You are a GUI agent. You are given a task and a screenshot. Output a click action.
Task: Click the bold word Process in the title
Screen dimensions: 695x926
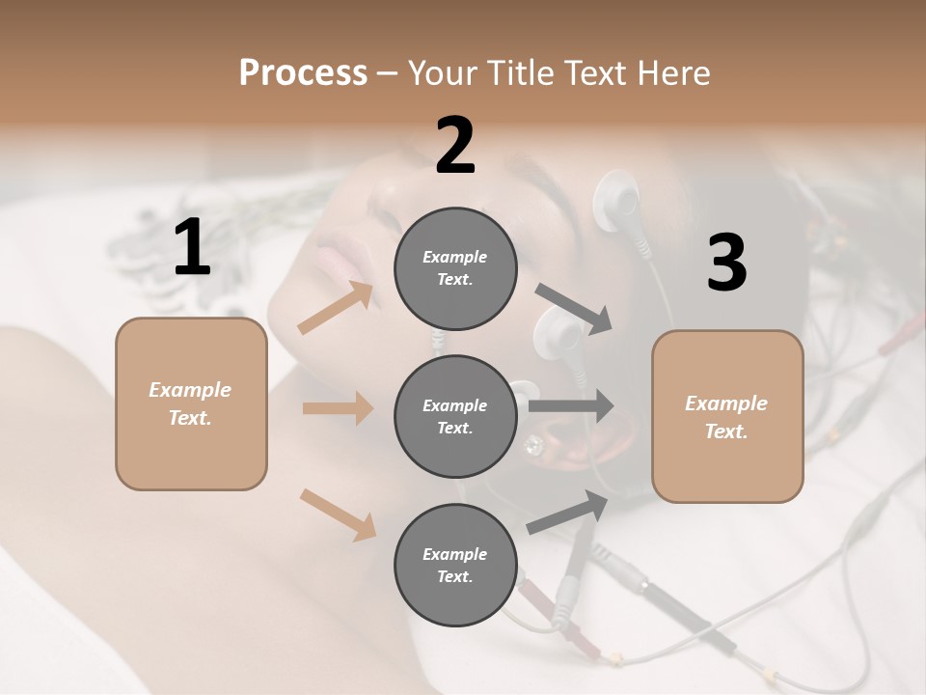tap(303, 72)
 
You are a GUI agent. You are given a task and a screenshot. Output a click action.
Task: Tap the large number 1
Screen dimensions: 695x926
tap(192, 247)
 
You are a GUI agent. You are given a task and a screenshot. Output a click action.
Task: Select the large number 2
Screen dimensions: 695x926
tap(455, 146)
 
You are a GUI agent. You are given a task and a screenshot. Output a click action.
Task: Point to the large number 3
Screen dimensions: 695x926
tap(726, 263)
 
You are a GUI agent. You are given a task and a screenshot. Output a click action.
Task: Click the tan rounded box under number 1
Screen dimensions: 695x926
tap(191, 403)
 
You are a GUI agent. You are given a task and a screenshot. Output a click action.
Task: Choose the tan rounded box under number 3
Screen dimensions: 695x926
tap(727, 417)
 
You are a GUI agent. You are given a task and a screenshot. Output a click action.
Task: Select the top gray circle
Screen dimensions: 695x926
tap(455, 268)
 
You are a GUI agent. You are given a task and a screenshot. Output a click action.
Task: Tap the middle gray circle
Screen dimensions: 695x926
tap(455, 416)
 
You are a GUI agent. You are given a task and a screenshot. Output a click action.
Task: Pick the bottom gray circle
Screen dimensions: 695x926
tap(455, 565)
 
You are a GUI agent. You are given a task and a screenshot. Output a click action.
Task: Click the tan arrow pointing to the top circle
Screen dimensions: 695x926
tap(336, 308)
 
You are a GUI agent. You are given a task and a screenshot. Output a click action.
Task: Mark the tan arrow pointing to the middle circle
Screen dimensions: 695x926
tap(338, 408)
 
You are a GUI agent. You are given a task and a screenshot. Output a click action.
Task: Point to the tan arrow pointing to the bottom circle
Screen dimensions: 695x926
tap(338, 514)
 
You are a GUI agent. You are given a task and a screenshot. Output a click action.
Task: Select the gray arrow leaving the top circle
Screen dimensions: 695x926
tap(574, 308)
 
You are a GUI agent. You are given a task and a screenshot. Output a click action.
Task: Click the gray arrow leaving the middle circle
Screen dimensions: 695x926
tap(571, 405)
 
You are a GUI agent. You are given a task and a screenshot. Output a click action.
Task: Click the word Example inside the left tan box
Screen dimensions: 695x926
tap(190, 390)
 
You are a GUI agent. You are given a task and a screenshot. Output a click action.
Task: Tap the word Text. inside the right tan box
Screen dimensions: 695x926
tap(726, 431)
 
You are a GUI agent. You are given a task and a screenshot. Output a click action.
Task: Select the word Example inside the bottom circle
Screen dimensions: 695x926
tap(455, 554)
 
